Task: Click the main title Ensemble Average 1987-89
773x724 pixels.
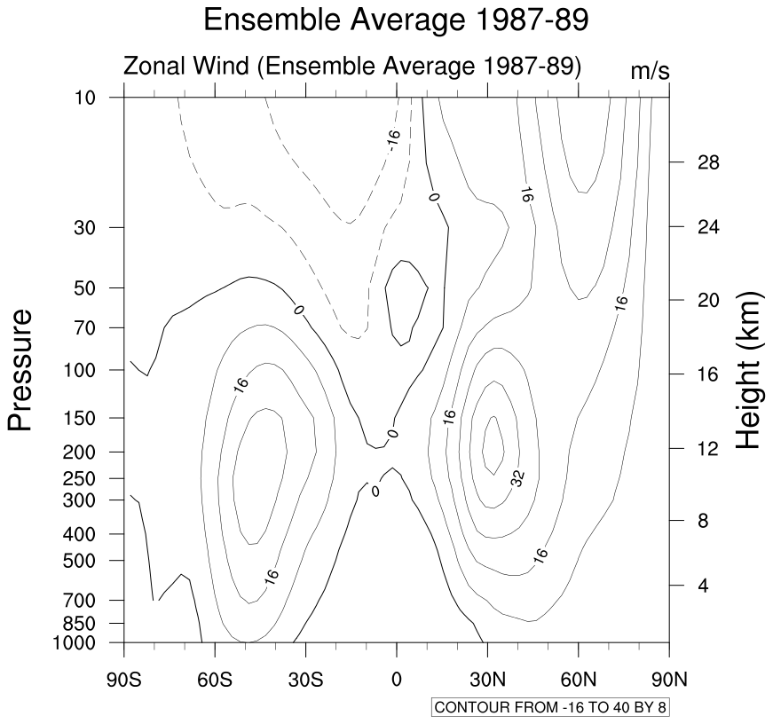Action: tap(396, 20)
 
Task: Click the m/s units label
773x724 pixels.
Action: tap(650, 71)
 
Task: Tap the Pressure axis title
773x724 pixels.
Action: tap(21, 370)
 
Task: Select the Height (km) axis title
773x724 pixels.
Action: tap(750, 370)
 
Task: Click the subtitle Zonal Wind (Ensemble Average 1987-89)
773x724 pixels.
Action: tap(352, 67)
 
